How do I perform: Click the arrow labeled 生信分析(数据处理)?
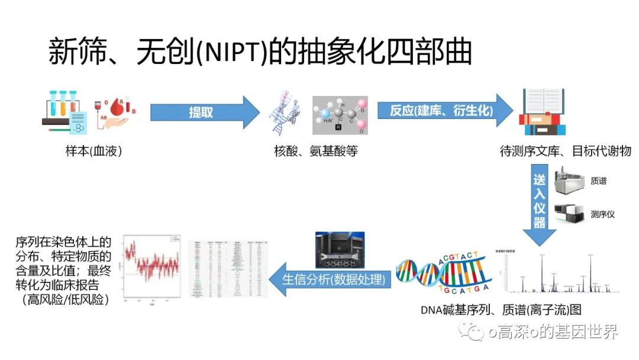(x=331, y=279)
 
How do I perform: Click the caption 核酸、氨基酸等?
(x=316, y=152)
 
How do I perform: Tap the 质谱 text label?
(x=598, y=181)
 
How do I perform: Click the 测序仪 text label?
(x=602, y=214)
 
